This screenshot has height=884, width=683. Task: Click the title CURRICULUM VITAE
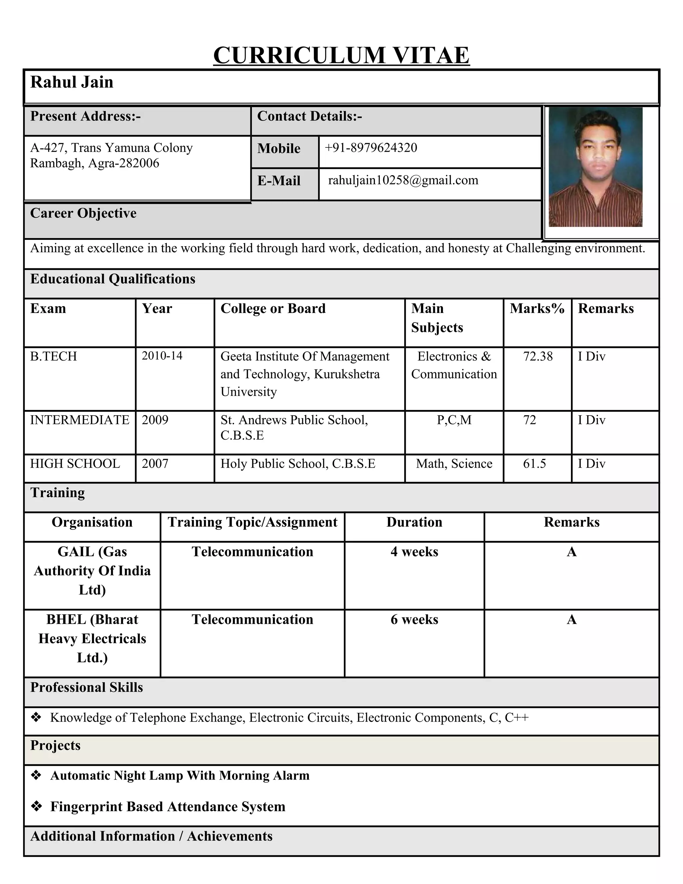(341, 55)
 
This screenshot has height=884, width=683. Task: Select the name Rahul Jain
(72, 82)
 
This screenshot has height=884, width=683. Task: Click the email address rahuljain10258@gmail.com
(403, 180)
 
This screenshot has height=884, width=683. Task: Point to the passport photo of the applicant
(595, 167)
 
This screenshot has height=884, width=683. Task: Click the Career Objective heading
(83, 213)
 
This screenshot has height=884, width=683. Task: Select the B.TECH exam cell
(53, 357)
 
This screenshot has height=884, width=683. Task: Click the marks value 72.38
(538, 357)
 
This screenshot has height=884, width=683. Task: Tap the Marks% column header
(537, 309)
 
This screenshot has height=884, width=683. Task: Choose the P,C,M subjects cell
(454, 420)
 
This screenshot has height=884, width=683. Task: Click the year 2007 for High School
(155, 463)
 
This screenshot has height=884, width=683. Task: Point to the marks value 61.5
(534, 463)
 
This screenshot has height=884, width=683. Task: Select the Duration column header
(414, 522)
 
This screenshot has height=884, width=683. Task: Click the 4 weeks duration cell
(414, 552)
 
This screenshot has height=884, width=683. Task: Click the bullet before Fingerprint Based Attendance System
(36, 806)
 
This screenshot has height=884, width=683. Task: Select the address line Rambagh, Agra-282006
(95, 163)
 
